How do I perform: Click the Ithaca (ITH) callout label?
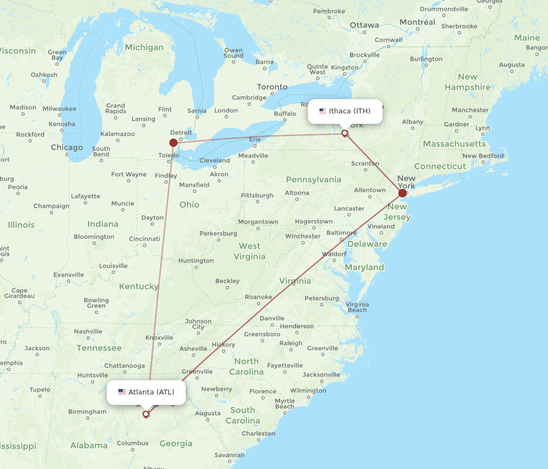[x=345, y=111]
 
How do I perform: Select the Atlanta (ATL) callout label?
[x=146, y=392]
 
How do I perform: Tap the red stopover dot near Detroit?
[x=173, y=142]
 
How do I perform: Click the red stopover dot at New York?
[x=403, y=193]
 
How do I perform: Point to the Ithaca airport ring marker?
[x=345, y=133]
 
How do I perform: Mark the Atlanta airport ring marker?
[x=146, y=414]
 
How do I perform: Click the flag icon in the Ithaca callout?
[x=323, y=111]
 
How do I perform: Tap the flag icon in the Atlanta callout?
[x=122, y=392]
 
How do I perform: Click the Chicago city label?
[x=67, y=147]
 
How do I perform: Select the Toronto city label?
[x=272, y=87]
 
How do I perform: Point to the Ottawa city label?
[x=364, y=25]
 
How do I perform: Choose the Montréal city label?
[x=418, y=22]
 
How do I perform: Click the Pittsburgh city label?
[x=257, y=195]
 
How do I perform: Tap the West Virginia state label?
[x=249, y=251]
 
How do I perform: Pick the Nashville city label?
[x=88, y=331]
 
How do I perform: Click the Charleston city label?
[x=258, y=433]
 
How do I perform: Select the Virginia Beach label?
[x=357, y=307]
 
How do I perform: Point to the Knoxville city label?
[x=159, y=338]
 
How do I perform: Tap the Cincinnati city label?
[x=144, y=239]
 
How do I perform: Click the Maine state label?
[x=527, y=38]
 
